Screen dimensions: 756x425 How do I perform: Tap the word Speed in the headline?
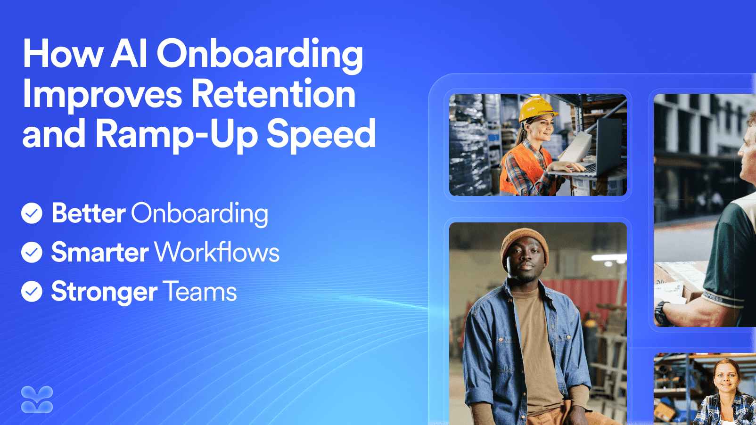(x=321, y=135)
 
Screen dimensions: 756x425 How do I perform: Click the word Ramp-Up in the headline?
(x=177, y=135)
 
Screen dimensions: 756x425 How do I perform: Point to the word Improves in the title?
(x=102, y=96)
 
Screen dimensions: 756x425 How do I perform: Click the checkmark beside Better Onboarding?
(x=32, y=213)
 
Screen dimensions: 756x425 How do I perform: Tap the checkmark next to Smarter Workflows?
(x=32, y=252)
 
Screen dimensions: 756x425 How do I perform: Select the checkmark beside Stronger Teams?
(x=32, y=291)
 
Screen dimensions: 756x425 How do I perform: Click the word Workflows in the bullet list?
(x=217, y=252)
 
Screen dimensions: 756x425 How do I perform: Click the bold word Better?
(x=89, y=213)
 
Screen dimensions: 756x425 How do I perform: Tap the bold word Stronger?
(x=104, y=292)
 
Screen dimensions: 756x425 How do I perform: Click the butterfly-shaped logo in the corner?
(x=37, y=400)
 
